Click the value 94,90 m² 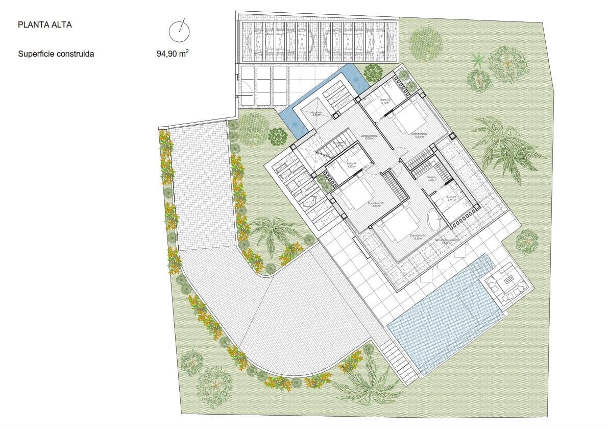[x=173, y=53]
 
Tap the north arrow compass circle [x=179, y=32]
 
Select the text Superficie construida [x=56, y=53]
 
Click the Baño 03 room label [x=385, y=101]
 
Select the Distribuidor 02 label [x=369, y=137]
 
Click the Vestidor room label [x=431, y=179]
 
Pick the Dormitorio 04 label [x=417, y=237]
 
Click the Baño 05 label [x=451, y=198]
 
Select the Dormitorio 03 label [x=375, y=204]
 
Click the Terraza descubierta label [x=443, y=242]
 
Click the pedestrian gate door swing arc [x=245, y=88]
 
